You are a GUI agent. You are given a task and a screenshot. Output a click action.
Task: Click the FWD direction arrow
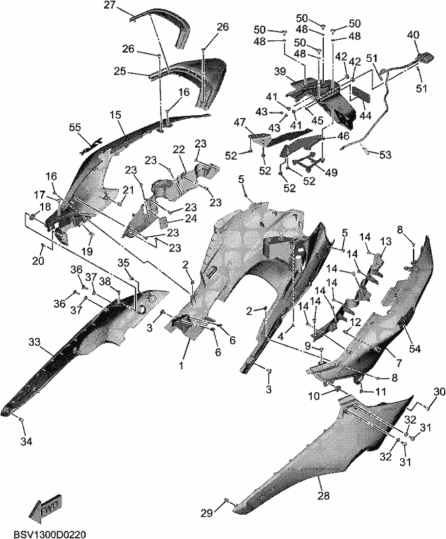[45, 506]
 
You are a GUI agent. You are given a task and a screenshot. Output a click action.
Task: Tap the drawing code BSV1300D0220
[49, 534]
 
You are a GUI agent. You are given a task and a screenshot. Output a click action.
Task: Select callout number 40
[414, 34]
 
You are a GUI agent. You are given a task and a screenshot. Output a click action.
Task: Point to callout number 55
[75, 127]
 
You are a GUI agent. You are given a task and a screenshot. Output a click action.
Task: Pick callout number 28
[324, 495]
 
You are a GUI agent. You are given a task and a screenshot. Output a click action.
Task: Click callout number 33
[34, 342]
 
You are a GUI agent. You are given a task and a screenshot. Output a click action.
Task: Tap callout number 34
[26, 441]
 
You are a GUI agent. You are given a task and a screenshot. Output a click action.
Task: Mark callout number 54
[415, 348]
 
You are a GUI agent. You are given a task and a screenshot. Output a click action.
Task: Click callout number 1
[182, 366]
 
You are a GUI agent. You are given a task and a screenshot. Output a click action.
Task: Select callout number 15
[116, 115]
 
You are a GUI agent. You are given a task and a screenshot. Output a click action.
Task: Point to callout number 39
[280, 71]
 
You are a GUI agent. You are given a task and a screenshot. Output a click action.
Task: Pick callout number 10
[314, 396]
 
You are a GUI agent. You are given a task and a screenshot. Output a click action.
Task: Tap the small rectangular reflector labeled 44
[360, 93]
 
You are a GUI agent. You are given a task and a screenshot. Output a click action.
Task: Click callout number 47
[241, 122]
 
